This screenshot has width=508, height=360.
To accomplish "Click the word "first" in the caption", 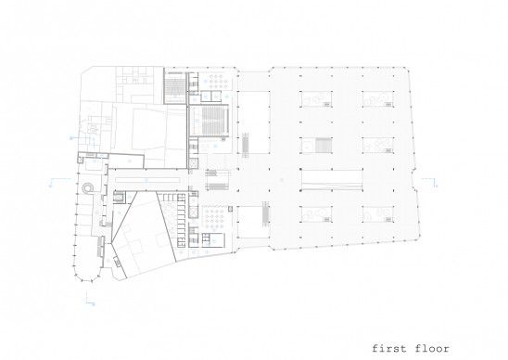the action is tap(388, 349).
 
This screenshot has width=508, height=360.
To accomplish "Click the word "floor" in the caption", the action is tap(432, 349).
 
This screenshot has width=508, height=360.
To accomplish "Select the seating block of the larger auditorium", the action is tap(213, 120).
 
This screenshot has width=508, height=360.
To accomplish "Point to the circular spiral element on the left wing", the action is tap(87, 187).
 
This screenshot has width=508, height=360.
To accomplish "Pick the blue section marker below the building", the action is tap(90, 299).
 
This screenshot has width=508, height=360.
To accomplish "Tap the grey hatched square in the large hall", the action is tap(324, 145).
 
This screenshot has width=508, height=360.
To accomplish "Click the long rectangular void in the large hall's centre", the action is tap(331, 180).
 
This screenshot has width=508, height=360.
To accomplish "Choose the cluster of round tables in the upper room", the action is tap(218, 81).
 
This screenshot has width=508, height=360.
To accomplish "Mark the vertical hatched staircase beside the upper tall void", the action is tap(246, 145).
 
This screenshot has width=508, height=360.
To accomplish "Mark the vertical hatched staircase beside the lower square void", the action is tap(266, 212).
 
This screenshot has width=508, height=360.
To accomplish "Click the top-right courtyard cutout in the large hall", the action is tap(378, 98).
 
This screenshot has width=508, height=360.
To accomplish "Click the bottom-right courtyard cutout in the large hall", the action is tap(378, 214).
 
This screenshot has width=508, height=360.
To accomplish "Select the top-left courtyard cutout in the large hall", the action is tap(316, 98).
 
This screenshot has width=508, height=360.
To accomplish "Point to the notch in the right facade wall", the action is tap(414, 181).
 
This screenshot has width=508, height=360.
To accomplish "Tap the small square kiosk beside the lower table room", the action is tap(230, 209).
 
